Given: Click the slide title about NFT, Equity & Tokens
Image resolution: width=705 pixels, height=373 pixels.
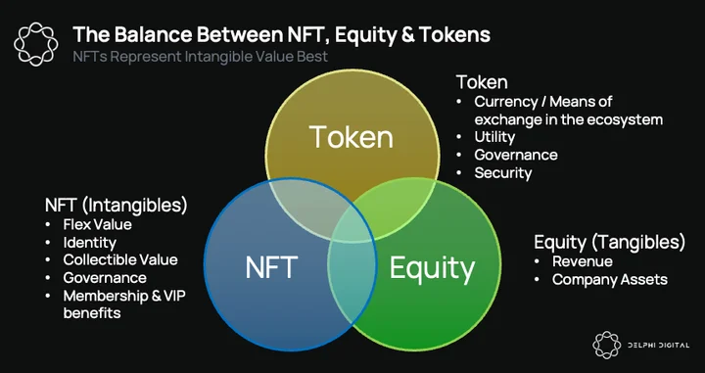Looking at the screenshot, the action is pos(281,34).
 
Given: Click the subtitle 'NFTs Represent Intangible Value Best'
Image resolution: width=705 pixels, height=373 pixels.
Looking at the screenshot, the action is pos(201,57).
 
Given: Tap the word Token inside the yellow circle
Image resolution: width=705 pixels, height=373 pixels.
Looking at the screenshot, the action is pos(352,137).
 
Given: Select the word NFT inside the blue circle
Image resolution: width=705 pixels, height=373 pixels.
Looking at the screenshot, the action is pos(271,267).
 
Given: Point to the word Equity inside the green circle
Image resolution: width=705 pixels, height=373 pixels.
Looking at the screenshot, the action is pos(432,269).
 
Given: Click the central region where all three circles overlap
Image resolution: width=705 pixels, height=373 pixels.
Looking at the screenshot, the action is pos(352,226).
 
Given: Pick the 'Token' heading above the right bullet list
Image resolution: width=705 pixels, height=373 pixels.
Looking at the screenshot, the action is pos(482,82).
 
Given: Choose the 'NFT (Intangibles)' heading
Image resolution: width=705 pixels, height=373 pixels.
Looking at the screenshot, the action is pos(116,206).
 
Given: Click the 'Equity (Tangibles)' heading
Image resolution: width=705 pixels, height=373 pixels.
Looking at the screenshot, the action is pos(610,242).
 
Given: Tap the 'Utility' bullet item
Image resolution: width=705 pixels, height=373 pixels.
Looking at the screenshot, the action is pos(494,137).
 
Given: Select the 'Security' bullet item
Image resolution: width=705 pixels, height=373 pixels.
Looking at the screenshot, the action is pos(503,173).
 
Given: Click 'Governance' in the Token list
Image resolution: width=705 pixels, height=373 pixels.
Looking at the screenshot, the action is pos(516,155).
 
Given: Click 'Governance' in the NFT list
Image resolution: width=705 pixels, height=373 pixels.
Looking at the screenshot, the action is pos(105,278).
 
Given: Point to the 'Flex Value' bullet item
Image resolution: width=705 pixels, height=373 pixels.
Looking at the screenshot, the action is pos(98,224).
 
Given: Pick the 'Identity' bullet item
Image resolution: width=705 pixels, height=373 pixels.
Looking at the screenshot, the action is pos(90,243).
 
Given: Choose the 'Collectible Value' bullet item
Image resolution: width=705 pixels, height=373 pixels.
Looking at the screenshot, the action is pos(120,259).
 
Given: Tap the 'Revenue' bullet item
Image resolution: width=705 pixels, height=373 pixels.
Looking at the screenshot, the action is pos(583,261).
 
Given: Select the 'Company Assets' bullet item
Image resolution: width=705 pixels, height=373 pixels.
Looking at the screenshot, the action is pos(610,280).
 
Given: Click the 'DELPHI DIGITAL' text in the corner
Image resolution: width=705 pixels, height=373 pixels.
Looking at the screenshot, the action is pos(658,346).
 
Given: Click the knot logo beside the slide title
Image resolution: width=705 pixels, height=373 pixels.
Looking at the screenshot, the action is pos(36,44).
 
